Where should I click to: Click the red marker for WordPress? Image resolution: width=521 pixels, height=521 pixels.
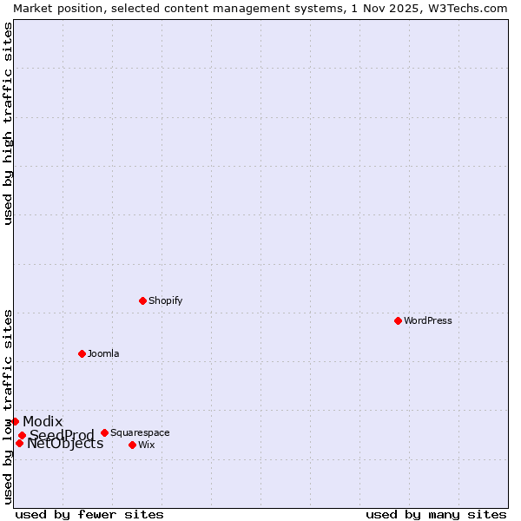398,320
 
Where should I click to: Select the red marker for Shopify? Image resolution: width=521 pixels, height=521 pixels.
142,300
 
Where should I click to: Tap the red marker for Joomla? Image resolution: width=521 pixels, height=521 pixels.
82,353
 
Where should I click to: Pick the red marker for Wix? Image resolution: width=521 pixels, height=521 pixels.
132,445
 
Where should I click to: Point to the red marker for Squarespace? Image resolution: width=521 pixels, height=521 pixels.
104,432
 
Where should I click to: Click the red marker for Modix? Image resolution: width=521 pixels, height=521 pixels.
15,421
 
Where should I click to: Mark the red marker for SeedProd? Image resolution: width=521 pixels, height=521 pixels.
22,435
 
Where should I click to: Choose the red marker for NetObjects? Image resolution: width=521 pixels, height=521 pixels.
19,443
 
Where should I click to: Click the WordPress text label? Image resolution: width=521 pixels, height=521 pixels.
428,320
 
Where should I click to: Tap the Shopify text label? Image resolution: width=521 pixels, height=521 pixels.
165,300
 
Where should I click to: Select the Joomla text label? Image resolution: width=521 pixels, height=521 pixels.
103,353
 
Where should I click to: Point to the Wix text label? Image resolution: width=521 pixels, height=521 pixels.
147,445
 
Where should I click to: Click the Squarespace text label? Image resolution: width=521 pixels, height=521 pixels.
140,432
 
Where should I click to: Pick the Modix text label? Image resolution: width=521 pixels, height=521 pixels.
43,421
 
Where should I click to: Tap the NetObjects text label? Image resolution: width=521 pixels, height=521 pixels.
65,444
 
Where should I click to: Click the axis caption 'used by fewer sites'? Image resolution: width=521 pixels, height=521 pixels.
89,514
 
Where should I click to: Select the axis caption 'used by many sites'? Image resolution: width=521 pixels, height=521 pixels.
436,514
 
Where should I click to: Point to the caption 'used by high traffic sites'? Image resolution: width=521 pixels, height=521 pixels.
8,124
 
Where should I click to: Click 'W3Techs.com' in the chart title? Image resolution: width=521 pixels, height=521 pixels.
469,8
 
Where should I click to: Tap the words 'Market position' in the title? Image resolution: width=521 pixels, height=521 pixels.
52,8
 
